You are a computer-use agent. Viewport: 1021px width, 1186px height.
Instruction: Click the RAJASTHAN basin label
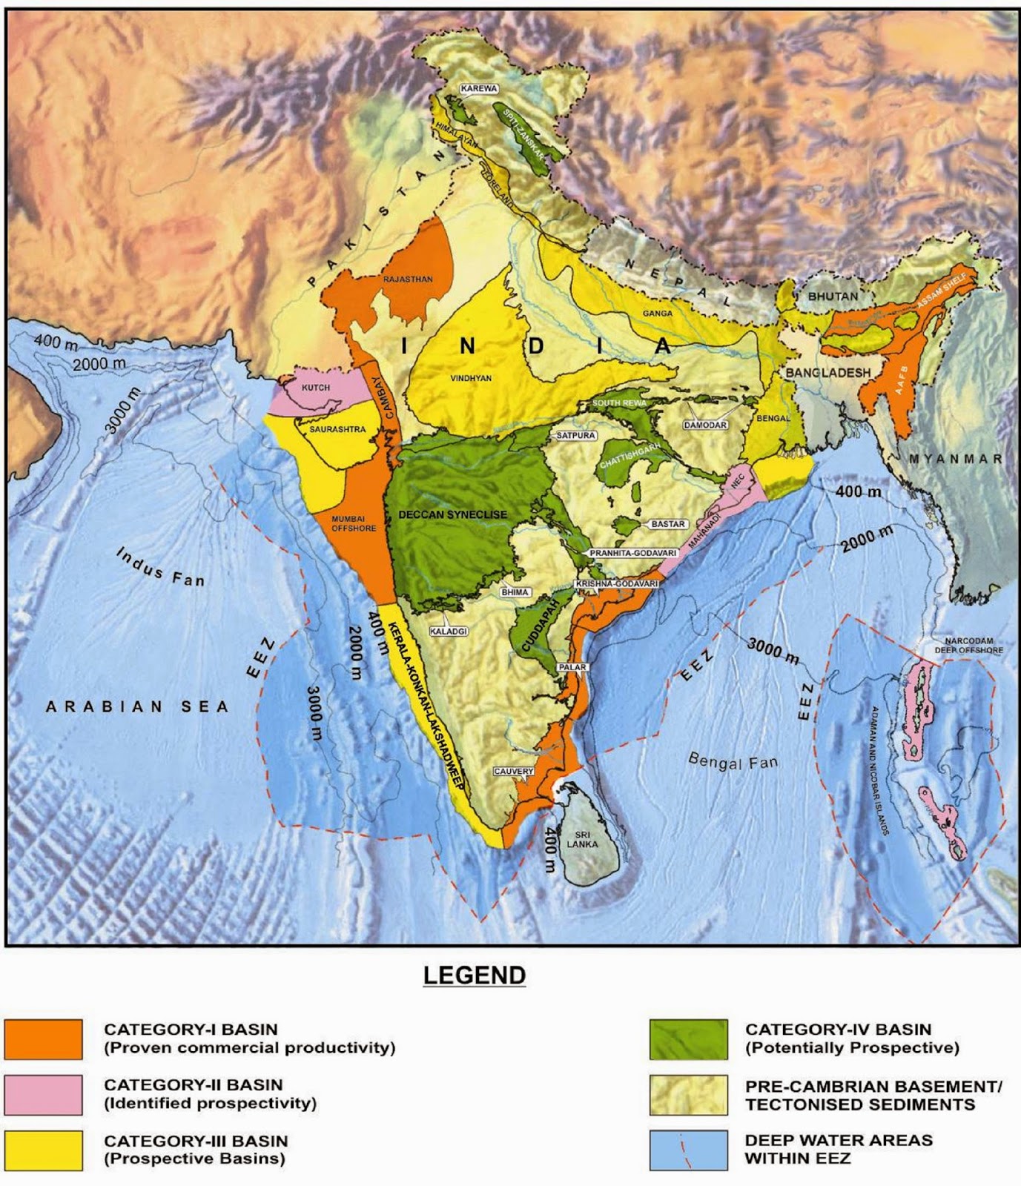pyautogui.click(x=407, y=279)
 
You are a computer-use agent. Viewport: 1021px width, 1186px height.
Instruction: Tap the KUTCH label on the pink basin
pyautogui.click(x=316, y=388)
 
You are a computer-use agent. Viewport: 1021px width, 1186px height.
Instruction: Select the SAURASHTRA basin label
pyautogui.click(x=337, y=429)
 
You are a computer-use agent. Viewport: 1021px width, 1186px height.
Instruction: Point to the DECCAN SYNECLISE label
pyautogui.click(x=452, y=514)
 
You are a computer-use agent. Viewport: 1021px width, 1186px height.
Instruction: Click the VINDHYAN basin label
pyautogui.click(x=471, y=378)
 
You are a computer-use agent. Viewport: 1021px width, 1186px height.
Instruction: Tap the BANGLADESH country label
pyautogui.click(x=827, y=371)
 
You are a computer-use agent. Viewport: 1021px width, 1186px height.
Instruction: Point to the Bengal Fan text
pyautogui.click(x=733, y=761)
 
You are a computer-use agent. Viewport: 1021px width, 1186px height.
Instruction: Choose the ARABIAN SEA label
pyautogui.click(x=138, y=706)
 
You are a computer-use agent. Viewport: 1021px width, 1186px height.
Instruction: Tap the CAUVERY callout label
pyautogui.click(x=514, y=772)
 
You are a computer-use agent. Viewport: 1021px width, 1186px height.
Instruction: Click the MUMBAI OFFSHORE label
pyautogui.click(x=354, y=523)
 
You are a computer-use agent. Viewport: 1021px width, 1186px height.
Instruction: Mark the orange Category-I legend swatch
pyautogui.click(x=43, y=1038)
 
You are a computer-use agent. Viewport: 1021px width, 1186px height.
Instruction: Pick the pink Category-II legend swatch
pyautogui.click(x=43, y=1095)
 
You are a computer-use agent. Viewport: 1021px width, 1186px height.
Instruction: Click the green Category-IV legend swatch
pyautogui.click(x=687, y=1038)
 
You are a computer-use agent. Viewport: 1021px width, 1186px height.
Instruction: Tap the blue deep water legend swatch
pyautogui.click(x=687, y=1150)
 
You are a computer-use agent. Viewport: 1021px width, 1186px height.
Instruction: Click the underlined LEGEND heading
pyautogui.click(x=475, y=975)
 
